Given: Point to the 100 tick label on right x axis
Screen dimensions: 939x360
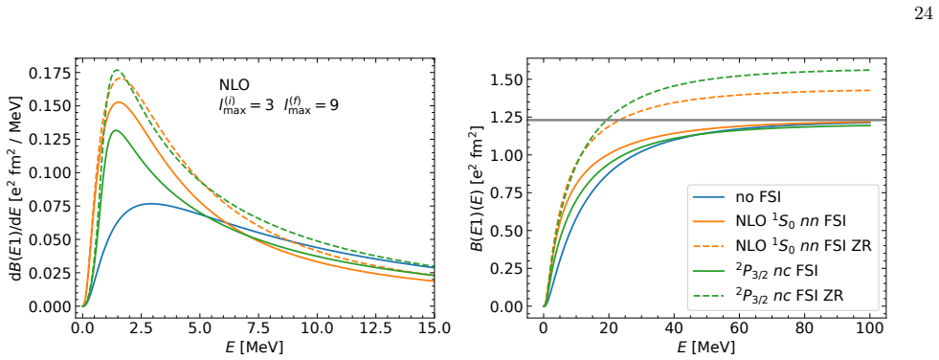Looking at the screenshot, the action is point(868,328).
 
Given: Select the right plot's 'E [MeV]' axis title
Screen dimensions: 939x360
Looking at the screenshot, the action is point(705,348).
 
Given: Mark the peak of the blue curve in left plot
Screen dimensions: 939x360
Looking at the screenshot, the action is point(151,204).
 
